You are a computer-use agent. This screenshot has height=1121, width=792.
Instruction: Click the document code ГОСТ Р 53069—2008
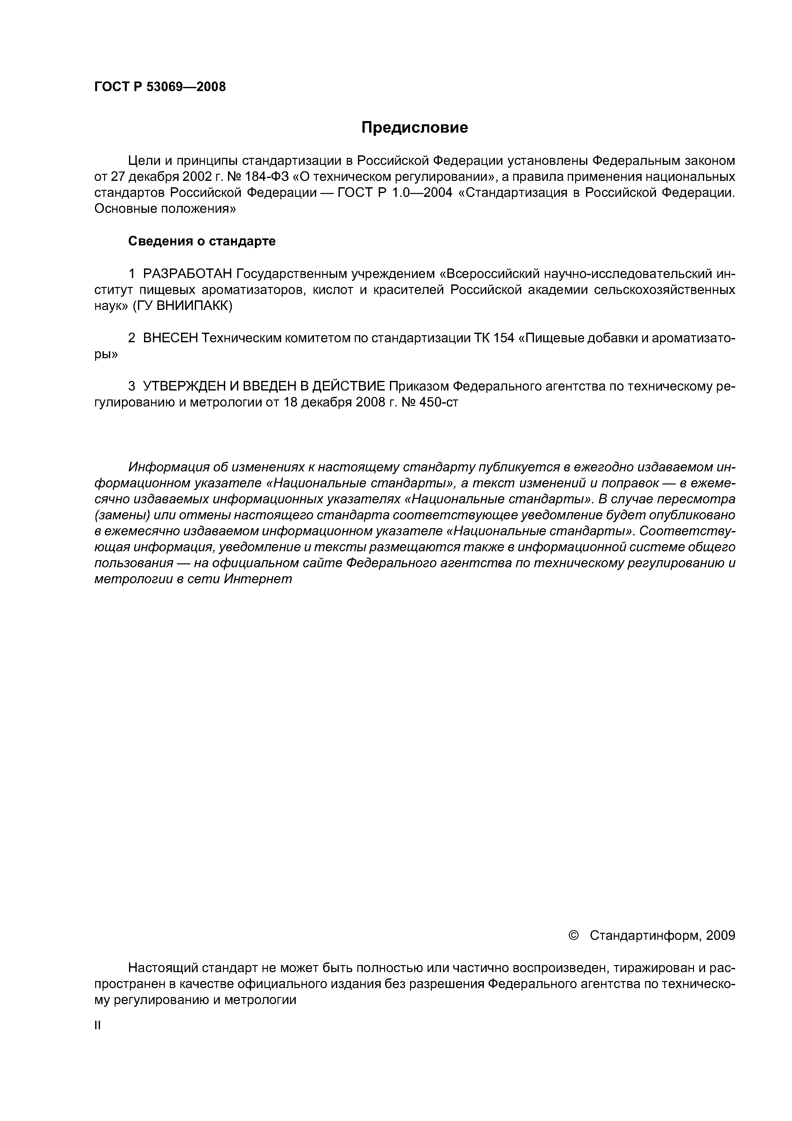[160, 87]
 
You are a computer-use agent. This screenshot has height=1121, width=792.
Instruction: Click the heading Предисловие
[414, 128]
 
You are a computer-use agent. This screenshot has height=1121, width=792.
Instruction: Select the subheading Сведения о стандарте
[202, 241]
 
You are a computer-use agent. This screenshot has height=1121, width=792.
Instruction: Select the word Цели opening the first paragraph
[142, 161]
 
